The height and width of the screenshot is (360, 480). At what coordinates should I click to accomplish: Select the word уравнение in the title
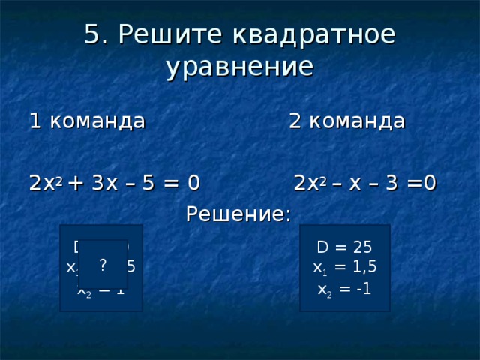(x=239, y=67)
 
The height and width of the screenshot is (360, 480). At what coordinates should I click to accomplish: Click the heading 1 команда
(x=86, y=121)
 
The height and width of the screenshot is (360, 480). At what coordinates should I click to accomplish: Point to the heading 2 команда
(x=347, y=121)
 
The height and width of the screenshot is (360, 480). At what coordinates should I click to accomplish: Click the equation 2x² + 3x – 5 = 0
(x=114, y=183)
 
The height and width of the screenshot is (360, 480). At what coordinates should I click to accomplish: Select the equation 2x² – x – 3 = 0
(x=365, y=183)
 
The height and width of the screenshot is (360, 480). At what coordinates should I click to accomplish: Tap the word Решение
(x=238, y=215)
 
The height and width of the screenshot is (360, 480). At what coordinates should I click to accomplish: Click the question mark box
(x=103, y=263)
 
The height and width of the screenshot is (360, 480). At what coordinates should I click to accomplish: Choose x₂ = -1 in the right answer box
(x=344, y=289)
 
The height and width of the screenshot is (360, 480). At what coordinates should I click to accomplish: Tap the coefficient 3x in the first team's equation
(x=104, y=183)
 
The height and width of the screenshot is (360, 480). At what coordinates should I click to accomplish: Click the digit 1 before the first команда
(x=34, y=121)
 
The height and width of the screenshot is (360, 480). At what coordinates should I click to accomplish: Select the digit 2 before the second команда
(x=295, y=121)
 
